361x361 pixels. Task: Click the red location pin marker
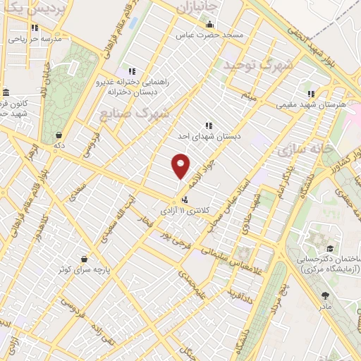(x=181, y=166)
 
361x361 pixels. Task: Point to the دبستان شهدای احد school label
(x=209, y=137)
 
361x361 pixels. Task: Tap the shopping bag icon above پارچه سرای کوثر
(x=85, y=259)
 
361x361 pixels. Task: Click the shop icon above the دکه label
(x=58, y=135)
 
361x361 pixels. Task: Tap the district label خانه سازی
(x=300, y=149)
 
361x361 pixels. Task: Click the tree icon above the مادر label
(x=324, y=296)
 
